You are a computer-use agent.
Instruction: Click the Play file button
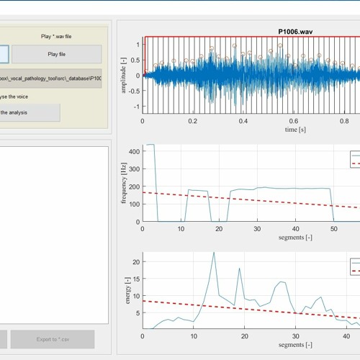(x=56, y=54)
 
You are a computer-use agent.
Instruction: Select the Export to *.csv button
(x=52, y=339)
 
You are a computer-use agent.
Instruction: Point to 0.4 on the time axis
(x=243, y=122)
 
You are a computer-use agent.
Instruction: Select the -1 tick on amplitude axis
(x=136, y=107)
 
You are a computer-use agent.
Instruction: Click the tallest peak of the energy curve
(x=214, y=253)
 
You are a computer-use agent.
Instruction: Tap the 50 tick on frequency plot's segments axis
(x=333, y=229)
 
